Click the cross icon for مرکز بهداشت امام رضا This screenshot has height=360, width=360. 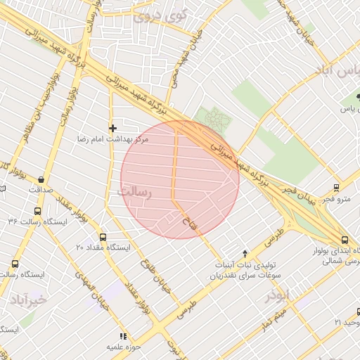point(112,127)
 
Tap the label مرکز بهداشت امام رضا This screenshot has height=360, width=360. point(113,140)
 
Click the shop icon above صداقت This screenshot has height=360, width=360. point(41,179)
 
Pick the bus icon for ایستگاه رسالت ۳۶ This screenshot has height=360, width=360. point(37,210)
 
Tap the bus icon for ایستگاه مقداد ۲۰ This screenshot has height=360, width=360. point(103,237)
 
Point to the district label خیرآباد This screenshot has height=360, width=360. point(27,300)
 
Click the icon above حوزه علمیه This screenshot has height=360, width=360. point(124,336)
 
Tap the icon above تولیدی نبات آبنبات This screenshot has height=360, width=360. point(245,254)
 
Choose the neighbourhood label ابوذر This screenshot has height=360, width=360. point(278,296)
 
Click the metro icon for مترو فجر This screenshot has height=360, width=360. point(336,188)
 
